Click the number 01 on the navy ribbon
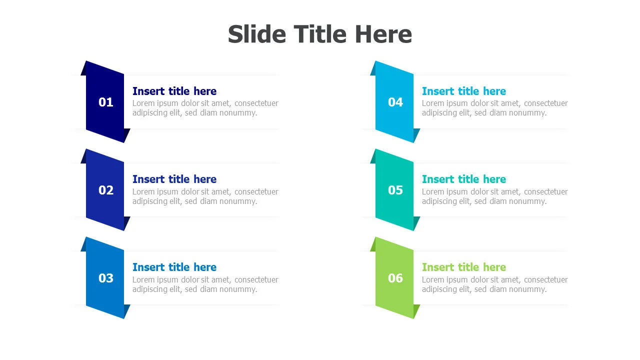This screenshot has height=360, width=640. point(105,102)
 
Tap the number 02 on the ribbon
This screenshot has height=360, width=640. point(105,190)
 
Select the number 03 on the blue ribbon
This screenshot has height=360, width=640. point(105,278)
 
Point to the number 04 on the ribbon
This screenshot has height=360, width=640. point(395,102)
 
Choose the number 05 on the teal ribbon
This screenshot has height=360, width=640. point(395,190)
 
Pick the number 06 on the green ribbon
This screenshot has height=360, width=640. point(395,278)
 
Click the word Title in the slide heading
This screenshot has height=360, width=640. point(320,34)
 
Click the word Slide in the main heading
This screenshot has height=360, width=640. point(257,34)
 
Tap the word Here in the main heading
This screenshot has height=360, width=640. point(383,34)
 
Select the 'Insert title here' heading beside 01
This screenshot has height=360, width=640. point(174,91)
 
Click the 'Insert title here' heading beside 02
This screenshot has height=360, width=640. point(174,179)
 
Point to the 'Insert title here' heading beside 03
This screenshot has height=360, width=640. point(174,267)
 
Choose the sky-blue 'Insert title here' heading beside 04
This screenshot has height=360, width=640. point(464,91)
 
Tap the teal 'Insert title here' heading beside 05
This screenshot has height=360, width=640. point(464,179)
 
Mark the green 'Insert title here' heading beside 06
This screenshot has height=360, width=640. point(464,267)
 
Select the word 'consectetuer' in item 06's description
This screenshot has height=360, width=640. point(545,279)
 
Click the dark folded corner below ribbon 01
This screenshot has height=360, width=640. point(127,135)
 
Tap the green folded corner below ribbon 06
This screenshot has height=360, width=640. point(417,311)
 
